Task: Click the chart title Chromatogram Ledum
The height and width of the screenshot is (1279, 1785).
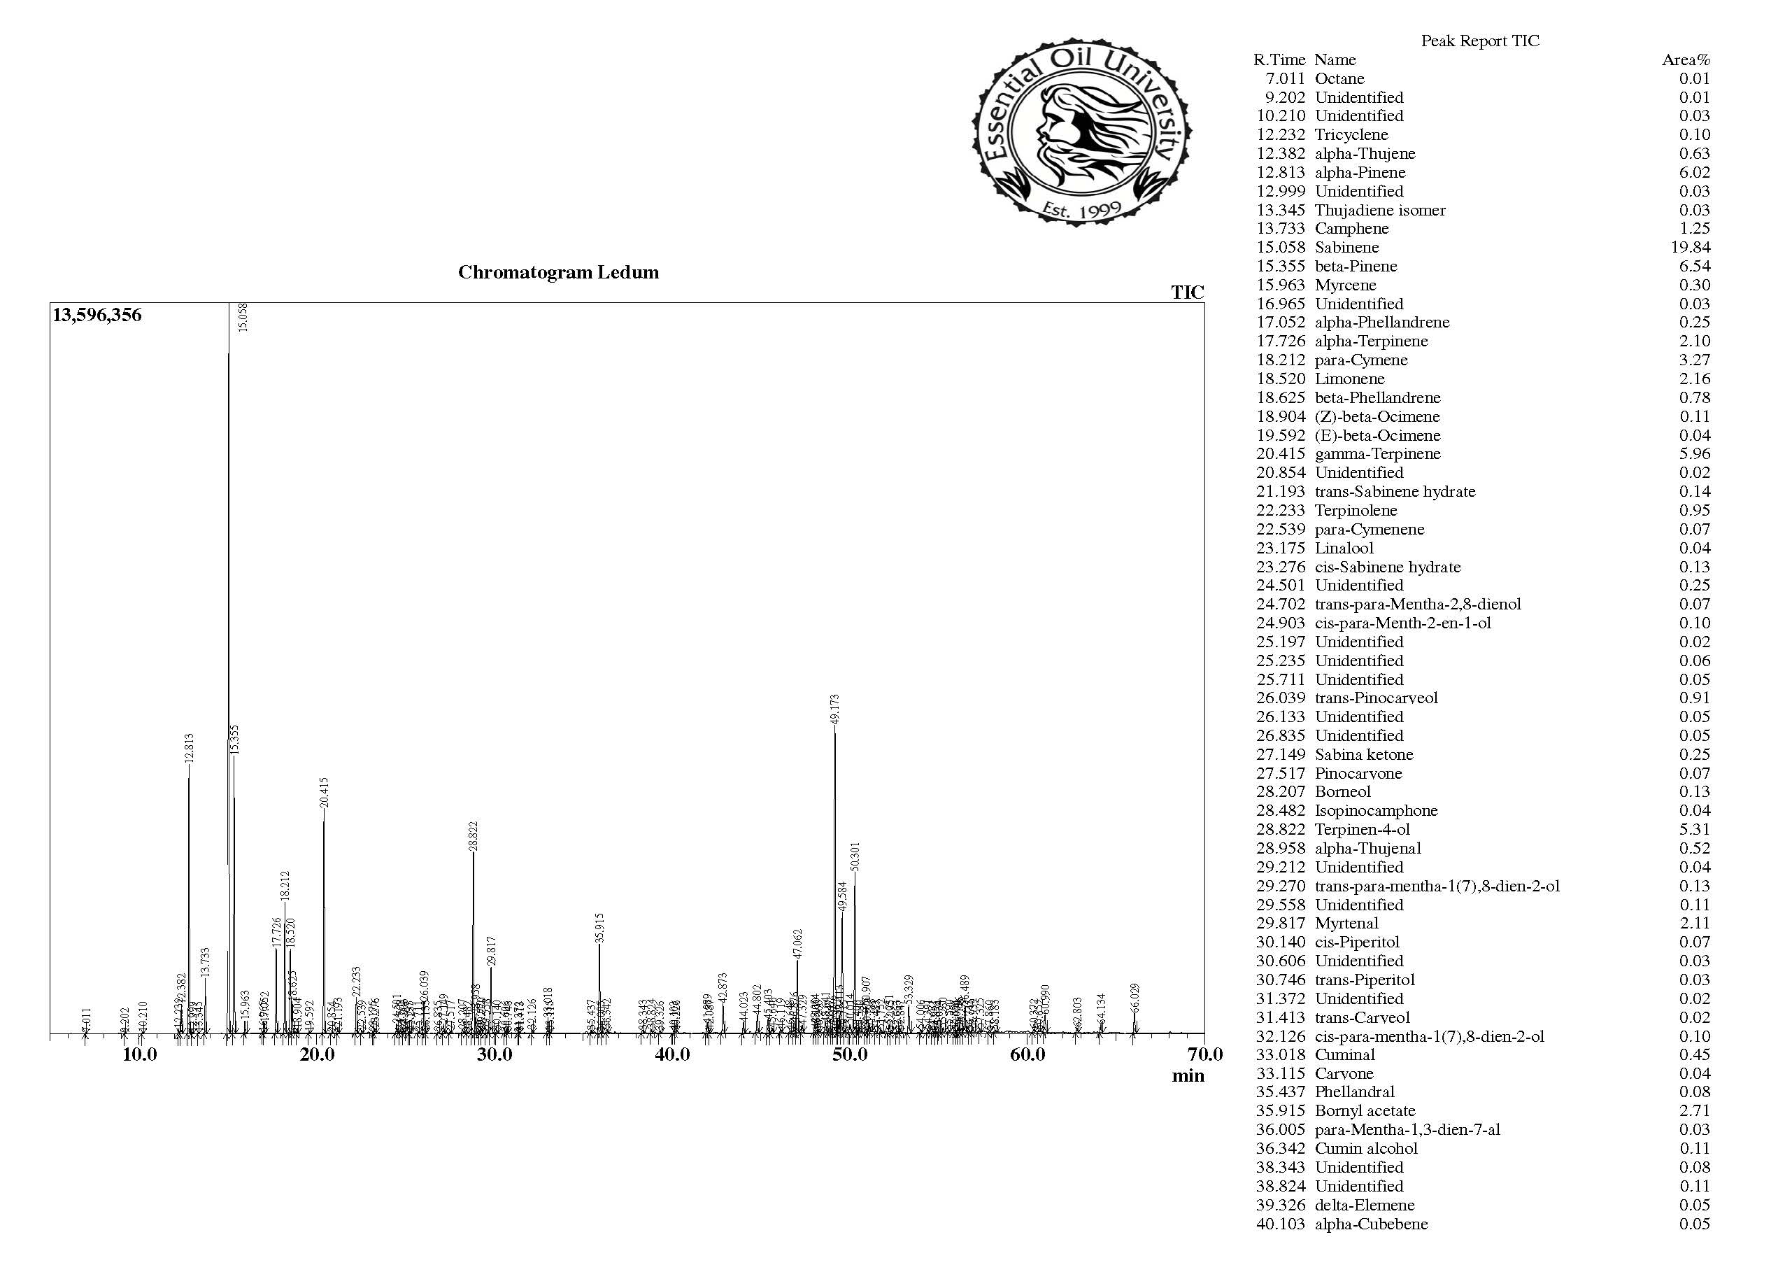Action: (x=558, y=272)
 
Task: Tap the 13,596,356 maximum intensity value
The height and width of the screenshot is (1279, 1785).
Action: (x=97, y=316)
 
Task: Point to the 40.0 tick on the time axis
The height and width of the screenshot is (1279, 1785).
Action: (x=671, y=1054)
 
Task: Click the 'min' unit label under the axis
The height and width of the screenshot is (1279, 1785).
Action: (x=1187, y=1076)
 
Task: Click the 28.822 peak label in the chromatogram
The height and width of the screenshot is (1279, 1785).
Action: (x=473, y=836)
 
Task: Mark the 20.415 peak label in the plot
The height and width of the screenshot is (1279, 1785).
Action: (x=323, y=792)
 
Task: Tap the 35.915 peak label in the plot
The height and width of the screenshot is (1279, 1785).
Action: (x=599, y=928)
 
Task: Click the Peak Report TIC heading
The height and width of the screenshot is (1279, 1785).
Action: (x=1479, y=41)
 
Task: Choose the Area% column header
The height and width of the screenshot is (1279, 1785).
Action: (x=1685, y=59)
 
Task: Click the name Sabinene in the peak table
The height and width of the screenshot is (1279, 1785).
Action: (x=1346, y=247)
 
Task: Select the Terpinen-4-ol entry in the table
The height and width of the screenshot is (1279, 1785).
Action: (x=1362, y=829)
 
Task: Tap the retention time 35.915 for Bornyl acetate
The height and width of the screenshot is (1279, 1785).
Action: (x=1280, y=1110)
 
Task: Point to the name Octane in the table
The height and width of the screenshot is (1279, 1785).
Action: (x=1339, y=78)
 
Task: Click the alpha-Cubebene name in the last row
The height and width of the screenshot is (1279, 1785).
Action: (x=1370, y=1223)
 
